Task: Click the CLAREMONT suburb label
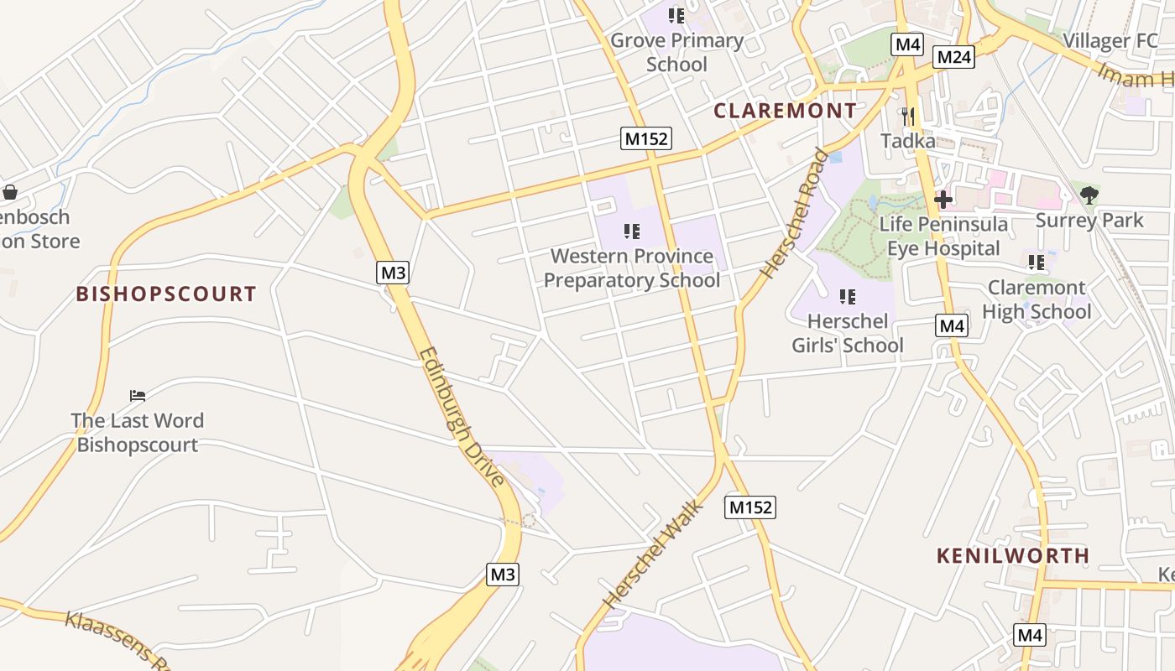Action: coord(785,111)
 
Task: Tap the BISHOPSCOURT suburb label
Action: coord(166,294)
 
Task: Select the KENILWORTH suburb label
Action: coord(1013,555)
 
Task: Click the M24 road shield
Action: coord(954,57)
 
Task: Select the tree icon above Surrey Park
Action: coord(1089,195)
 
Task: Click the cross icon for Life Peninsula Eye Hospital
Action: coord(943,200)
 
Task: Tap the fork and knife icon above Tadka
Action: coord(907,116)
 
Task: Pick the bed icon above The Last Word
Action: coord(138,395)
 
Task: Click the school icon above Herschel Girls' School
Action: coord(847,296)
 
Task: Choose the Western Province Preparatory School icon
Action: coord(632,231)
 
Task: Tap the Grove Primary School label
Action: coord(677,52)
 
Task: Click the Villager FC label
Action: coord(1110,40)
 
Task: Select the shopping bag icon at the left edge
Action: coord(10,192)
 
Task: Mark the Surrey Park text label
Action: coord(1089,221)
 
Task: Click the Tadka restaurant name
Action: coord(908,141)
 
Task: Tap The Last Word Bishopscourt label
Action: coord(138,432)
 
